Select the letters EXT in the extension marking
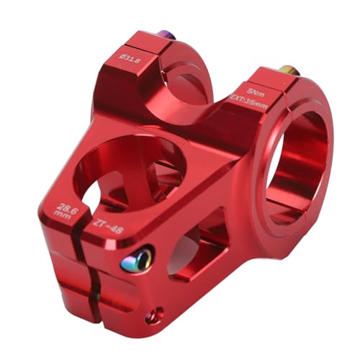[x=238, y=107]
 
